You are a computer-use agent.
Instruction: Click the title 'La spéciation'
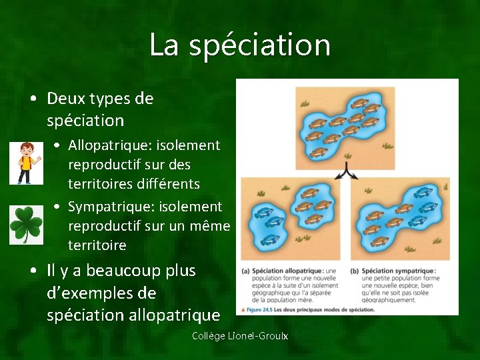click(x=240, y=45)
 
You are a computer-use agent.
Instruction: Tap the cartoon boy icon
click(x=26, y=163)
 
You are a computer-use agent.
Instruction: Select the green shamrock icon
click(x=26, y=225)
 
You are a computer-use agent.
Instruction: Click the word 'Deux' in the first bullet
click(x=65, y=99)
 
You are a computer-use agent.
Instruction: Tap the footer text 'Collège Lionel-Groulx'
click(x=240, y=336)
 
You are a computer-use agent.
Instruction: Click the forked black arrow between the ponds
click(x=347, y=172)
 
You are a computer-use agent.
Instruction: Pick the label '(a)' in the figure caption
click(x=245, y=271)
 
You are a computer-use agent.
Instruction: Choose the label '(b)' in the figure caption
click(x=353, y=271)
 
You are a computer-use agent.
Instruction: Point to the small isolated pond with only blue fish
click(x=264, y=226)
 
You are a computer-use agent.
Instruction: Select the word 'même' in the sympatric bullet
click(x=209, y=227)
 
